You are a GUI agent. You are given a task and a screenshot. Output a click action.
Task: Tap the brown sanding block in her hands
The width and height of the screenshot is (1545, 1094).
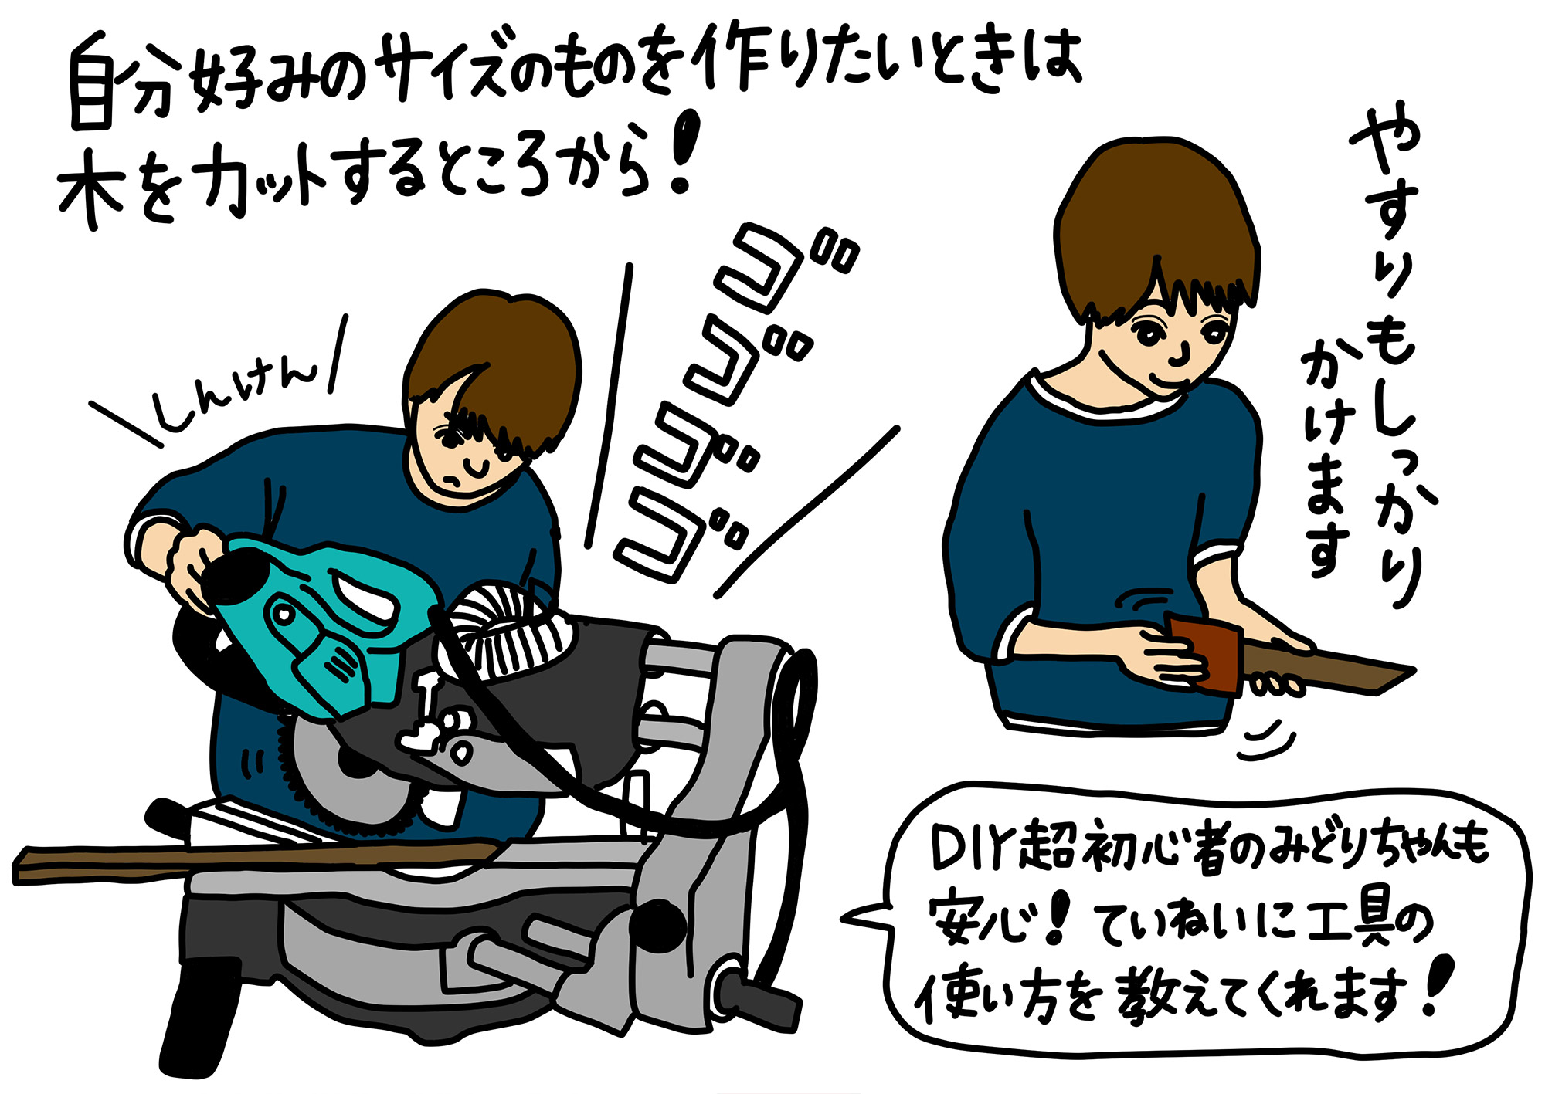click(x=1205, y=652)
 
